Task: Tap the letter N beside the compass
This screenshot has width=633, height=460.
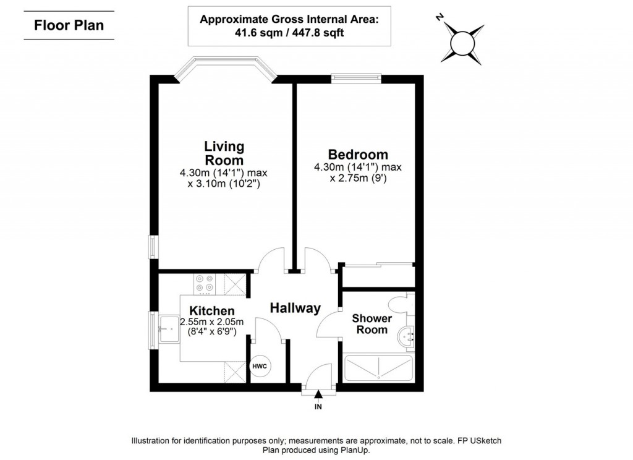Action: pos(440,18)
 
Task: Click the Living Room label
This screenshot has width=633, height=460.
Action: pos(224,153)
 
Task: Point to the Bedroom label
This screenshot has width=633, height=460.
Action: pos(358,155)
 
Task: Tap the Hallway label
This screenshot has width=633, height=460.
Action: pos(295,308)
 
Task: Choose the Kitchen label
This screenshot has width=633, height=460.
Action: pos(211,310)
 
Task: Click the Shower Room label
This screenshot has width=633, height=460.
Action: pos(372,324)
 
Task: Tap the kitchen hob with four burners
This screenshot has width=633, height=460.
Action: pos(205,283)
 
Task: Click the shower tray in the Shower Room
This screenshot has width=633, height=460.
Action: pos(377,368)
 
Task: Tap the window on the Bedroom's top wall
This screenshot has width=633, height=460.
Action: pos(355,78)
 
